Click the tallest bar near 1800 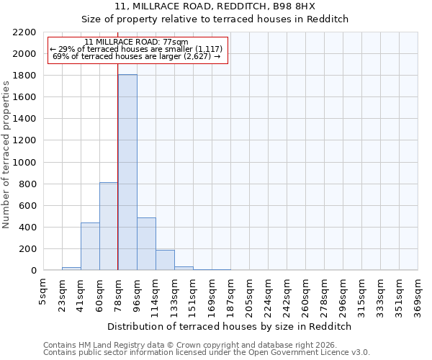click(x=127, y=173)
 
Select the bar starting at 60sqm click(x=109, y=226)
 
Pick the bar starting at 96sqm click(x=146, y=243)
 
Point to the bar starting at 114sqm click(x=165, y=260)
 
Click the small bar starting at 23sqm click(x=71, y=269)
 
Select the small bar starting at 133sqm click(x=184, y=268)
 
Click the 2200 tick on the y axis click(x=24, y=32)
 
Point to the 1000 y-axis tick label click(x=24, y=163)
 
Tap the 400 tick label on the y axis click(x=27, y=228)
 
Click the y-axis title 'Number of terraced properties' click(x=6, y=155)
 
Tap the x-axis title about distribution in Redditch click(x=229, y=326)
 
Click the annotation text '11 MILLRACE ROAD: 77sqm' click(x=136, y=42)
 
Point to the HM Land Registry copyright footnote click(x=185, y=345)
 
